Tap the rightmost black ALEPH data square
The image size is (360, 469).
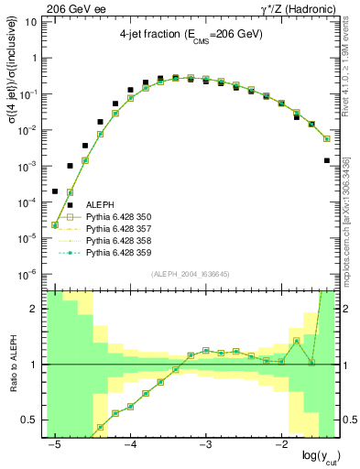[x=327, y=160]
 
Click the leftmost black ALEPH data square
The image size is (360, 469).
[x=55, y=191]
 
